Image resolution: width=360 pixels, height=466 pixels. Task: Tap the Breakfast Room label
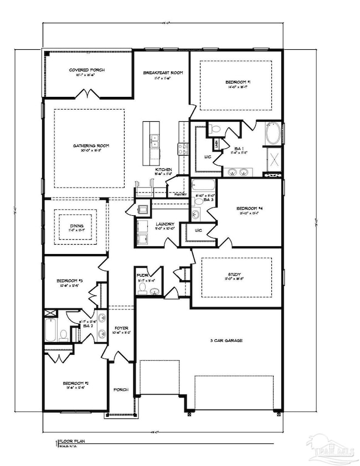[163, 73]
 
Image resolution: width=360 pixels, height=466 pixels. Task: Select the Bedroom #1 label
[239, 82]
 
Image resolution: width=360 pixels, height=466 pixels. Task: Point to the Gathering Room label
[91, 146]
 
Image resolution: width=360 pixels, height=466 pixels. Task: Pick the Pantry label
[181, 194]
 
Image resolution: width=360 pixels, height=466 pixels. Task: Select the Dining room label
[76, 226]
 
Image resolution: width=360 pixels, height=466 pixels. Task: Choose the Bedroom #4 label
[248, 208]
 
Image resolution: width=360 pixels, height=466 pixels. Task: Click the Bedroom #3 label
[69, 281]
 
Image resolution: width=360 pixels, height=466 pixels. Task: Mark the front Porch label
[121, 390]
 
